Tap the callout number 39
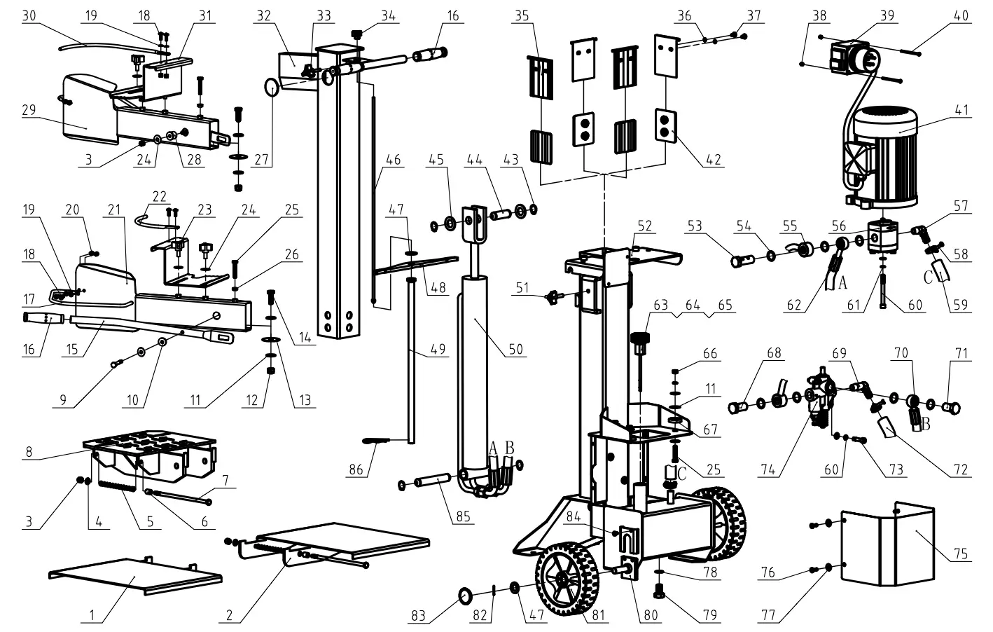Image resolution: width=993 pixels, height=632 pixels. click(887, 15)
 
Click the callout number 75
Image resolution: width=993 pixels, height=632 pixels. click(961, 554)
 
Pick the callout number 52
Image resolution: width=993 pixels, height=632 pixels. click(644, 226)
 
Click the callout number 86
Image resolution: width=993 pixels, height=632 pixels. click(356, 469)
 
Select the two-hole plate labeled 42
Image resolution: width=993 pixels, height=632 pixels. click(665, 123)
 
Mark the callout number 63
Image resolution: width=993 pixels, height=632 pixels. click(660, 305)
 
